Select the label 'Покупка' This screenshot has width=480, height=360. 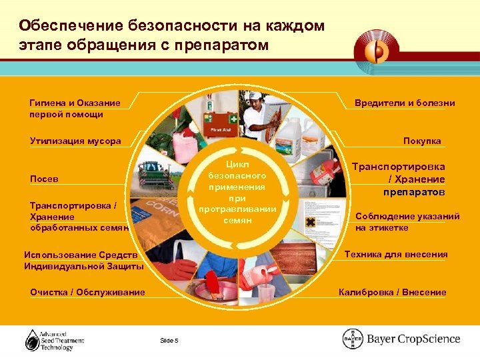[x=421, y=141]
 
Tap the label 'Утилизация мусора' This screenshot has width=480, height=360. [x=75, y=141]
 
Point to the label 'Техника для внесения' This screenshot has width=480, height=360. [x=396, y=254]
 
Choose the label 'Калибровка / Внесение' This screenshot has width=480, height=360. [x=392, y=292]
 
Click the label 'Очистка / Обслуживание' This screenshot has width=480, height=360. [x=87, y=292]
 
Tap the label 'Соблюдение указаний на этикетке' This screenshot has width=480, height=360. [x=407, y=221]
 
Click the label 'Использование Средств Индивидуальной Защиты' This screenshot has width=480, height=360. [x=83, y=261]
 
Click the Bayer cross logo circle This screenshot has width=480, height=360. [x=353, y=339]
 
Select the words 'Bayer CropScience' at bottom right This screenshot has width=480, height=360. [x=413, y=339]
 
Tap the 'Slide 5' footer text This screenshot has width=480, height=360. [x=169, y=341]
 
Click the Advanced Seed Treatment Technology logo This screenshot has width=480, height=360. [x=55, y=339]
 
